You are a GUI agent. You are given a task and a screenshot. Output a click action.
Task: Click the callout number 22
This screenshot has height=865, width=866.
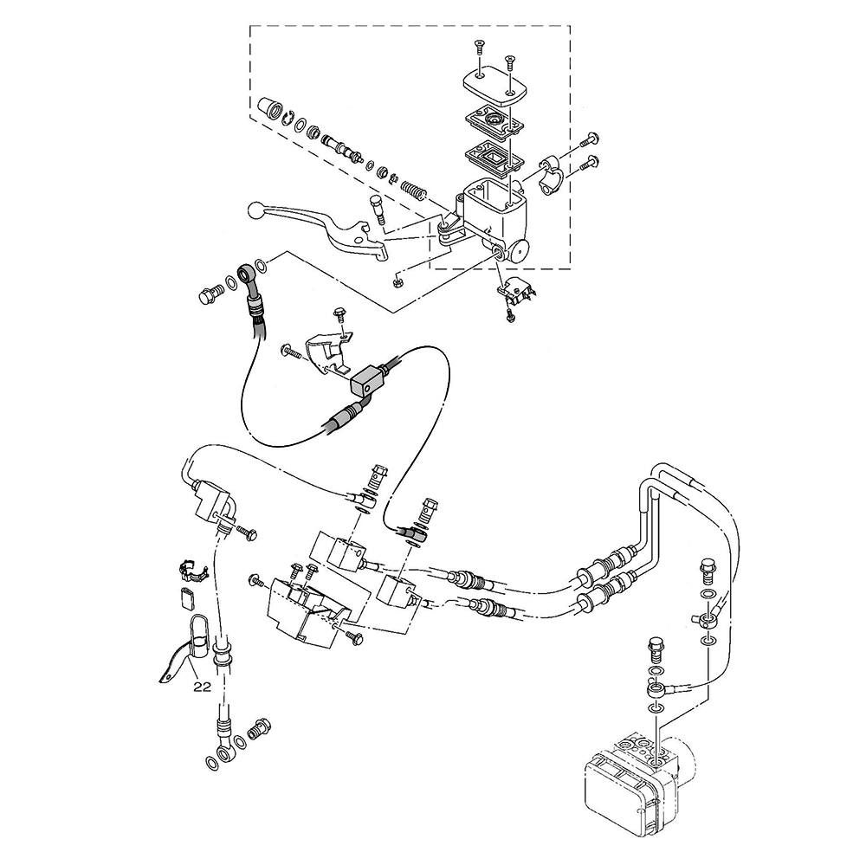click(x=203, y=687)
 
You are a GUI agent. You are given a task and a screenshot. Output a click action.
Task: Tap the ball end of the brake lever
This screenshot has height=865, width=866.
click(x=255, y=210)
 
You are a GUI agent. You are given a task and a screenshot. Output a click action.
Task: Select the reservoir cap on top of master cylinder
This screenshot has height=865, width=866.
click(x=494, y=87)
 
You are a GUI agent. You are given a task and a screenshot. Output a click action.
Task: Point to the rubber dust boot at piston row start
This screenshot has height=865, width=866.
click(x=269, y=108)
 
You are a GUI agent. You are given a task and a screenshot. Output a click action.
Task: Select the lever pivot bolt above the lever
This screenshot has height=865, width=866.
click(x=378, y=210)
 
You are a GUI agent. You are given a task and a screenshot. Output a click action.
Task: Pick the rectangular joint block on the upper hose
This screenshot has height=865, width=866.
click(x=365, y=382)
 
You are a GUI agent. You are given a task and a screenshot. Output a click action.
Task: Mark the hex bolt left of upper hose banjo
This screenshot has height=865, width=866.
click(x=210, y=294)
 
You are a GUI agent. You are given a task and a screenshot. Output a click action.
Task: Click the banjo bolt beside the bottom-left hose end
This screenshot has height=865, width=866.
click(x=259, y=728)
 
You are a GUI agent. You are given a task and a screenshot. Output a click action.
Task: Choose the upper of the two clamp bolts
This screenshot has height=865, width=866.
click(x=589, y=139)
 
